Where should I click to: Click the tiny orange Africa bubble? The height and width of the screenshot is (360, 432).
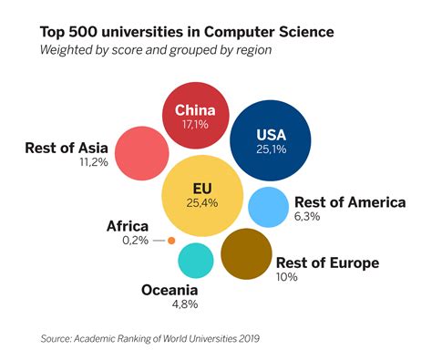[170, 241]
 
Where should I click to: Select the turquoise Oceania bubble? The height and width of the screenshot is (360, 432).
[195, 260]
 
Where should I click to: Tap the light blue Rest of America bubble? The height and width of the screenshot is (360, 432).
[268, 206]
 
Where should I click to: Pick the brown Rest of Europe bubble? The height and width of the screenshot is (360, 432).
[246, 252]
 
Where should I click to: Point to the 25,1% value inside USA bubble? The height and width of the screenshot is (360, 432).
[270, 149]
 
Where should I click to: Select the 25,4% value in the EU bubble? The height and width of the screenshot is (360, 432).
[202, 202]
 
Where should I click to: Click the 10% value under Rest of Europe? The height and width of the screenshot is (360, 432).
[287, 277]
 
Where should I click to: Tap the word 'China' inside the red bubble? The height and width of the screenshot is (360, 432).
[193, 106]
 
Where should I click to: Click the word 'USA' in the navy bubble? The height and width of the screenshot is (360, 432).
[271, 133]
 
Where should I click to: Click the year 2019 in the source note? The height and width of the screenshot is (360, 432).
[247, 339]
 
